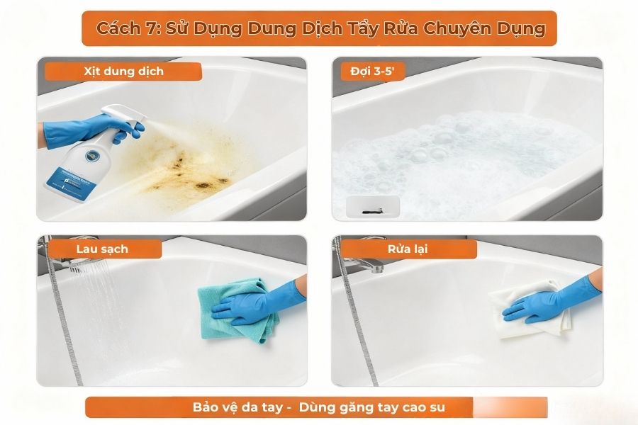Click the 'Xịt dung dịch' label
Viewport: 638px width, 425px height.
pyautogui.click(x=123, y=72)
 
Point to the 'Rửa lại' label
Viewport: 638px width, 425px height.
pyautogui.click(x=408, y=249)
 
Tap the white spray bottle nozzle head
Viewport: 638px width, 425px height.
pyautogui.click(x=113, y=116)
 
